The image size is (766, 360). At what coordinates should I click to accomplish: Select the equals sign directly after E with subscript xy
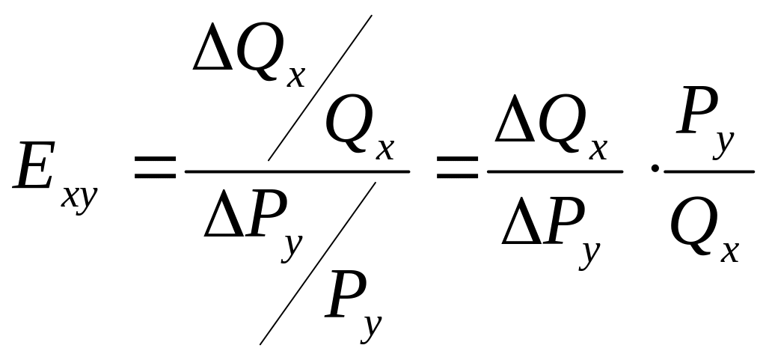[155, 170]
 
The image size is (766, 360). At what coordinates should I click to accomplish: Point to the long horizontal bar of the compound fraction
[297, 171]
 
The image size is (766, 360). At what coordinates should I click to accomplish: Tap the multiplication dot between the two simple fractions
[655, 169]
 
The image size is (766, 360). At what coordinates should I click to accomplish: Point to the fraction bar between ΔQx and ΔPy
[554, 171]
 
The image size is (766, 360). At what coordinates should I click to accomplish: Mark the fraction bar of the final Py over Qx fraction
[708, 171]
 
